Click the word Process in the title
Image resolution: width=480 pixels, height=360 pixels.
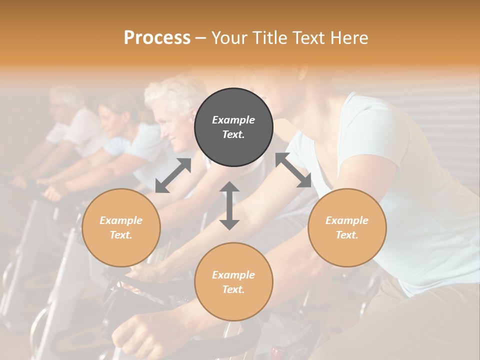157,38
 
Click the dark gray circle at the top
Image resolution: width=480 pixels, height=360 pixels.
233,127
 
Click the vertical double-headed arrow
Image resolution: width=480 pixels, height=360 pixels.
229,206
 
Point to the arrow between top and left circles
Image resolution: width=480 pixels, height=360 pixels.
173,175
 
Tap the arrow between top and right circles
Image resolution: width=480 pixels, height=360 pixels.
293,170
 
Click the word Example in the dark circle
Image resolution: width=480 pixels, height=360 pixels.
233,120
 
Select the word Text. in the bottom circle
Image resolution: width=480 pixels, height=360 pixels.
233,289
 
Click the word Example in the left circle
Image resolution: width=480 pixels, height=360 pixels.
121,220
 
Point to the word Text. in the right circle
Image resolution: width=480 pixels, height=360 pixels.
347,235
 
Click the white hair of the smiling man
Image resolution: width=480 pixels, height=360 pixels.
172,95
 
